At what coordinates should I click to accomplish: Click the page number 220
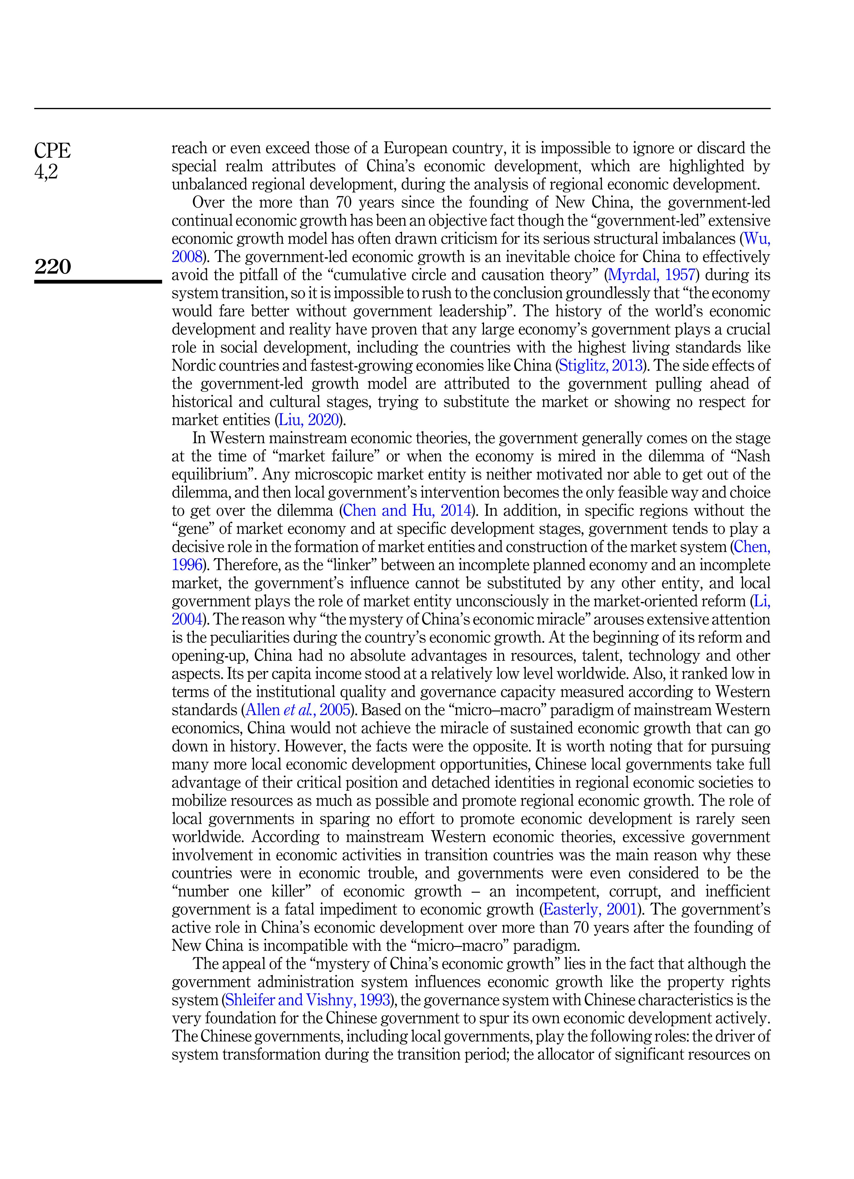tap(52, 267)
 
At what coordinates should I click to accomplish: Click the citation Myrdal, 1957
tap(651, 275)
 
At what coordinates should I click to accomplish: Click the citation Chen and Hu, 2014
tap(407, 511)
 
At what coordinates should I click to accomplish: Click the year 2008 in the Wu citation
tap(186, 257)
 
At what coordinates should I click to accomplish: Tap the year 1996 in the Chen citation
tap(186, 565)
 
